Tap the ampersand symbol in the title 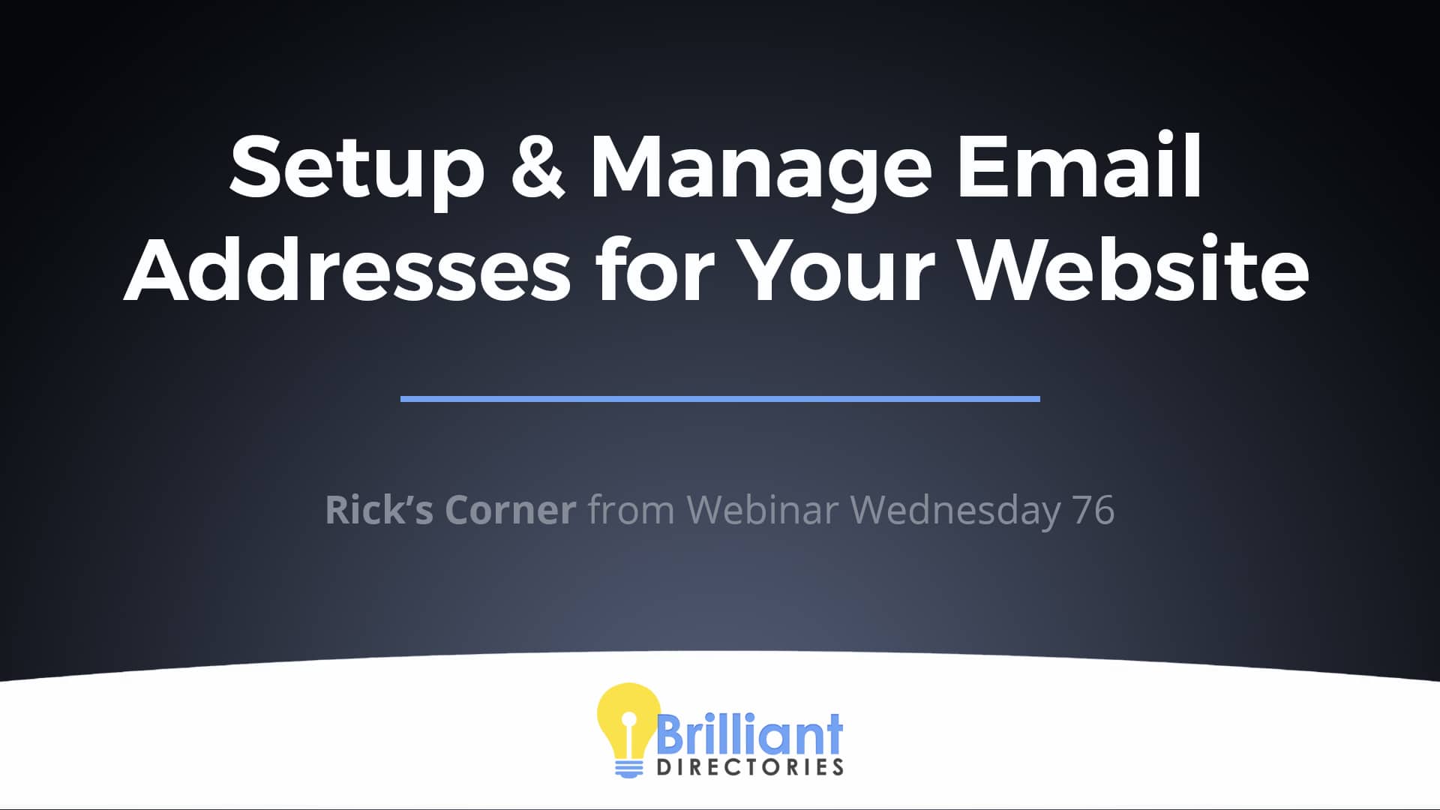point(537,166)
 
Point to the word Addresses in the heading point(347,268)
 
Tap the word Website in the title point(1134,268)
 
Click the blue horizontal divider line point(720,398)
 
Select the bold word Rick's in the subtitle point(379,509)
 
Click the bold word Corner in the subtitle point(510,510)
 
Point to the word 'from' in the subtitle point(631,509)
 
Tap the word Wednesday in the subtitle point(955,511)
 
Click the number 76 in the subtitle point(1093,510)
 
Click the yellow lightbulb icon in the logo point(628,720)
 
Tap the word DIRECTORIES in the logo point(750,767)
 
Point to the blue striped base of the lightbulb point(628,769)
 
